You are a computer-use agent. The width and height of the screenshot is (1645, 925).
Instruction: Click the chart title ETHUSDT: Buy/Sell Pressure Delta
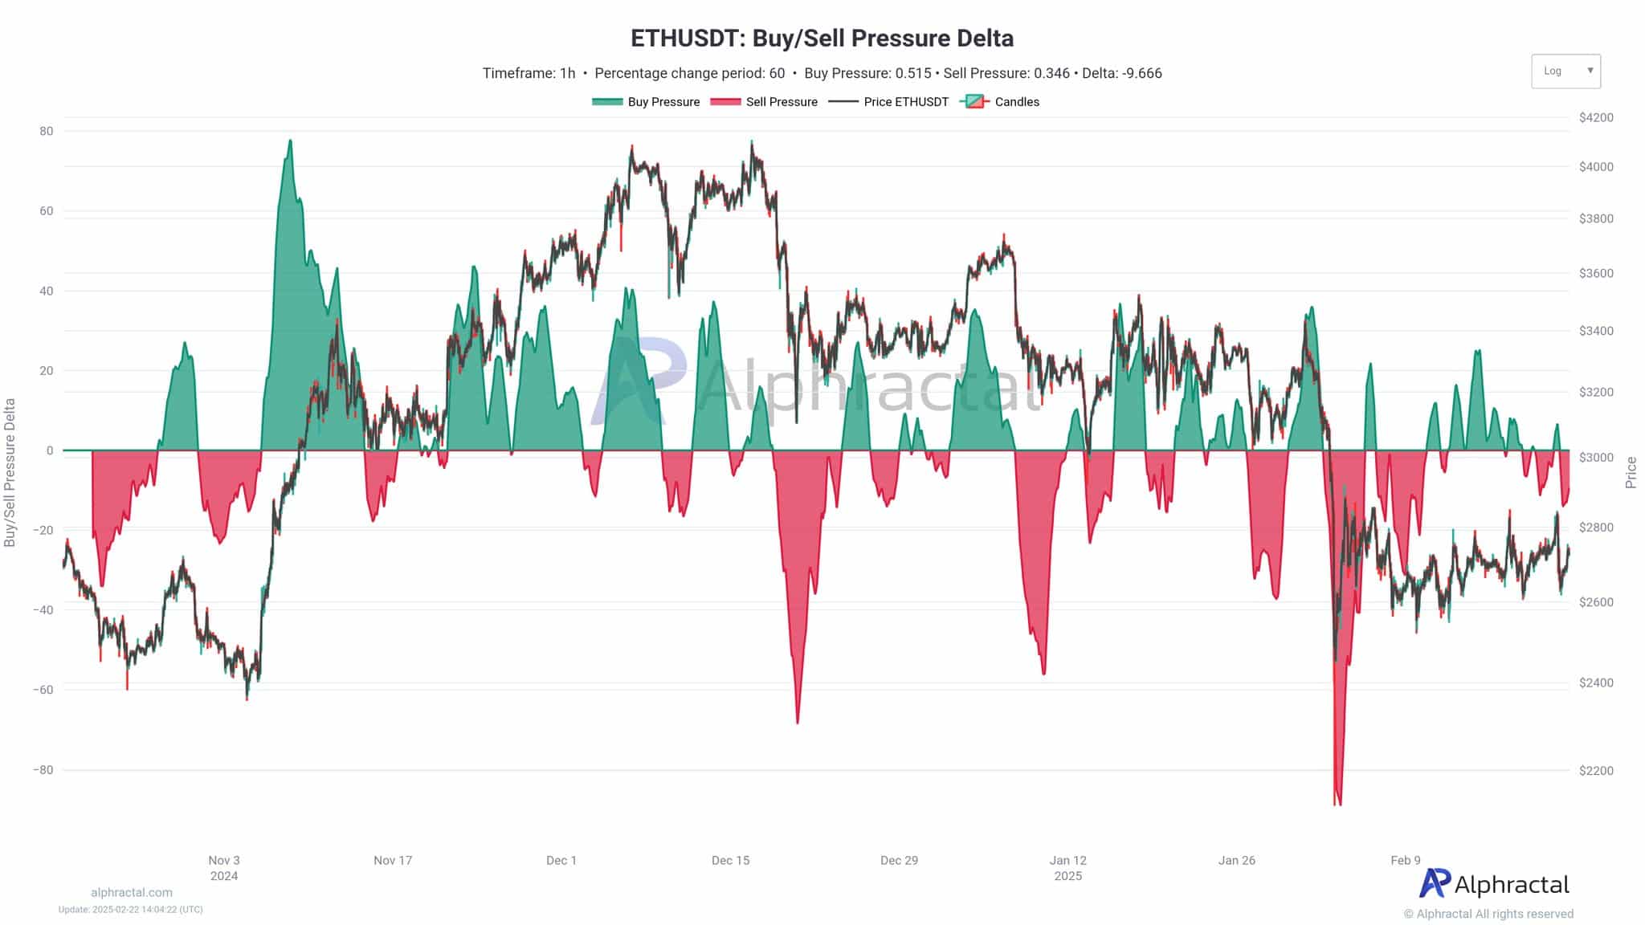pos(822,38)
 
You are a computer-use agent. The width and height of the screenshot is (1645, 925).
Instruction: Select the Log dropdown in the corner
pos(1565,71)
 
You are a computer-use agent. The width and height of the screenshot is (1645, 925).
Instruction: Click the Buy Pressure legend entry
pos(647,102)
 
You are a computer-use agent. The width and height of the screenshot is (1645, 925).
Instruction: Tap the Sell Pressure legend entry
pos(765,102)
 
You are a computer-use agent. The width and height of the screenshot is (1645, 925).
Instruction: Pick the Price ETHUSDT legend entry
pos(889,102)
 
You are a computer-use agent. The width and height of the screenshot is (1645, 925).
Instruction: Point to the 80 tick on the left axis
pos(47,131)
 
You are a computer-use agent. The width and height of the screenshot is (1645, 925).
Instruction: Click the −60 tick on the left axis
pos(43,690)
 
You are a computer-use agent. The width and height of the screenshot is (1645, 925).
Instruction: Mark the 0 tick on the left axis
pos(50,450)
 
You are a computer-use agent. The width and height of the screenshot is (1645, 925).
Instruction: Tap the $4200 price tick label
pos(1596,117)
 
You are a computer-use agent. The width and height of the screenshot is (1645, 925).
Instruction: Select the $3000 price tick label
pos(1596,457)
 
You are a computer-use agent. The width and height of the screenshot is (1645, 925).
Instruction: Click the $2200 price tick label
pos(1596,770)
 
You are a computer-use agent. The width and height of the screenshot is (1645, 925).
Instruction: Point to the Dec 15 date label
pos(730,860)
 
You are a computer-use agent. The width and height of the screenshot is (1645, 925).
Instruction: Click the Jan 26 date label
pos(1236,860)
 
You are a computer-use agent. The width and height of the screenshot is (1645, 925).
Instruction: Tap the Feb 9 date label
pos(1406,860)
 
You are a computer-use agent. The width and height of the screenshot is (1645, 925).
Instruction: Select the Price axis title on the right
pos(1631,472)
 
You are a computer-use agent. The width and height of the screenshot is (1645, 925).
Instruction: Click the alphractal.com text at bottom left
pos(132,892)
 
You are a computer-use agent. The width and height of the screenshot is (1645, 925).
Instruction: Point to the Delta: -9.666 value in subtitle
pos(1121,73)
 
